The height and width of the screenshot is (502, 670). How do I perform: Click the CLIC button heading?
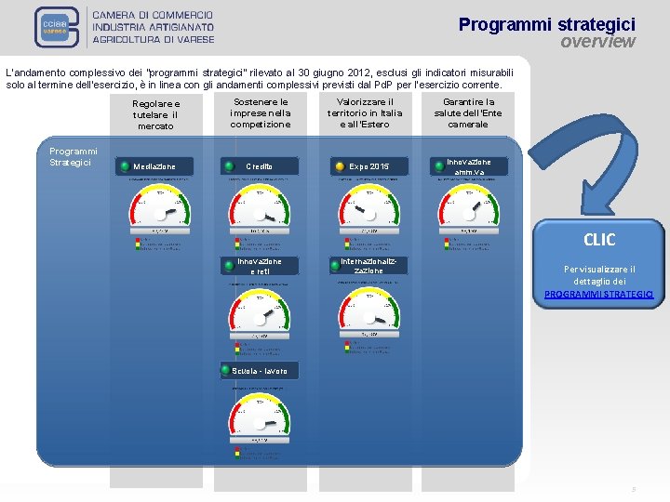(598, 240)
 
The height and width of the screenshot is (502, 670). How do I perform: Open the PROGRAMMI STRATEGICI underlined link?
(598, 294)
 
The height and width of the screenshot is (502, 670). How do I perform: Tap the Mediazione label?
(154, 166)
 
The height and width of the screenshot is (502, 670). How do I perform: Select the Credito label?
(260, 166)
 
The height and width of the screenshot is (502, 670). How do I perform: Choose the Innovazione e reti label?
(260, 266)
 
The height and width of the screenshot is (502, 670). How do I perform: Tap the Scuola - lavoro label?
(260, 370)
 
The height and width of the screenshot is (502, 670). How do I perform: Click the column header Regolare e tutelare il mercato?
(156, 114)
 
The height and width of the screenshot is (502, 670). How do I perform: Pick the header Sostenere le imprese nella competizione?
(261, 112)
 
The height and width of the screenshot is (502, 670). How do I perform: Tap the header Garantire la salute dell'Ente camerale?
(469, 112)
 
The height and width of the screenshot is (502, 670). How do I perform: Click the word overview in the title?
(597, 42)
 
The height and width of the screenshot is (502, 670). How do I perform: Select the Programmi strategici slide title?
(546, 24)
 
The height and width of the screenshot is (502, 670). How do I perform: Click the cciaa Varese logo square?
(59, 28)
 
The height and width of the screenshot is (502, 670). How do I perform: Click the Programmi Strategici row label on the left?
(74, 157)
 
